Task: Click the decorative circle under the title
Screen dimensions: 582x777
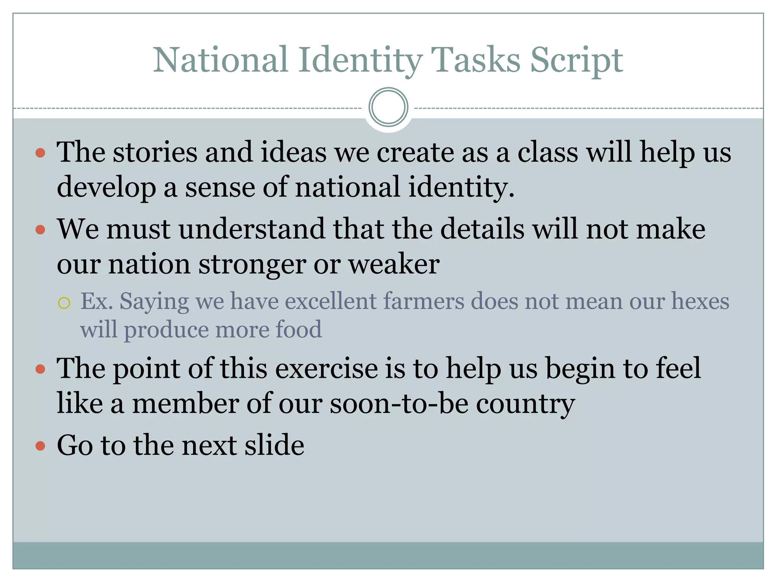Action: pyautogui.click(x=388, y=107)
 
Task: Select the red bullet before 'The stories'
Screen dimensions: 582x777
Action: pyautogui.click(x=40, y=153)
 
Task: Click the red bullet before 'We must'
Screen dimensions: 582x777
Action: pyautogui.click(x=40, y=230)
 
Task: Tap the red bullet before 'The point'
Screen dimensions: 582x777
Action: pyautogui.click(x=40, y=369)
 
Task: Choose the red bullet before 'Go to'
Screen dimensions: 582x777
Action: pyautogui.click(x=40, y=446)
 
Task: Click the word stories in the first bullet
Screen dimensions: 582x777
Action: pyautogui.click(x=155, y=152)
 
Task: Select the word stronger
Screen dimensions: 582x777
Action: pyautogui.click(x=252, y=264)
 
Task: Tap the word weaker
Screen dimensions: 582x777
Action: pyautogui.click(x=394, y=264)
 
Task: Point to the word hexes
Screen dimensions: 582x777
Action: pyautogui.click(x=700, y=302)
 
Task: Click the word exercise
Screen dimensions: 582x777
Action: pyautogui.click(x=326, y=368)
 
